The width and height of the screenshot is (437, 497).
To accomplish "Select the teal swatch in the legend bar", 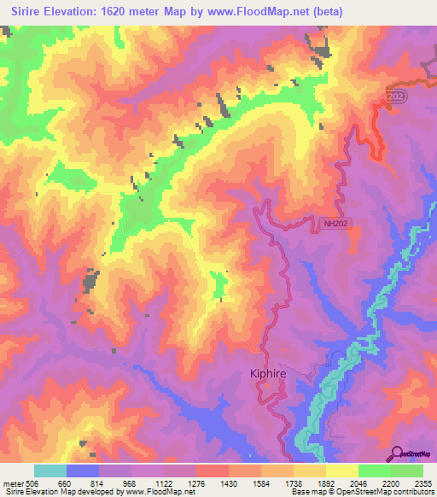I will click(x=50, y=471).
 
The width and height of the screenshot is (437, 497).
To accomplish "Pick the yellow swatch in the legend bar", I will click(x=341, y=471).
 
